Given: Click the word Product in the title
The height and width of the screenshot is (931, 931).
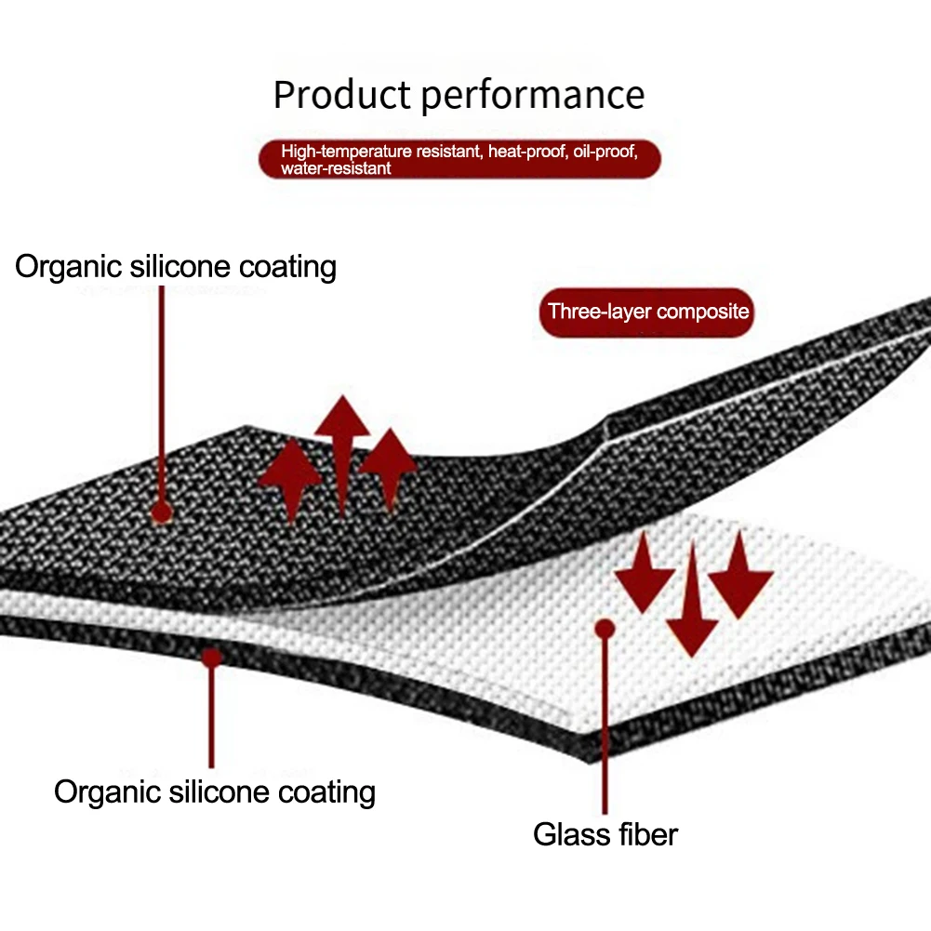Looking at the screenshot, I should pyautogui.click(x=342, y=96).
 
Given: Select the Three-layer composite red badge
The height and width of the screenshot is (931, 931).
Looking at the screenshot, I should pyautogui.click(x=647, y=311).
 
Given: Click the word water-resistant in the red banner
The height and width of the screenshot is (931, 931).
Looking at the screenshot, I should pyautogui.click(x=336, y=168).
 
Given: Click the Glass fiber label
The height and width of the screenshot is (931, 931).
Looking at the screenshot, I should pyautogui.click(x=605, y=833).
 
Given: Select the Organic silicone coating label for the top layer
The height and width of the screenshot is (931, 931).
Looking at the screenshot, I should pyautogui.click(x=176, y=267).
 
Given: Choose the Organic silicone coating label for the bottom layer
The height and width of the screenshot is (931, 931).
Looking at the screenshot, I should pyautogui.click(x=215, y=792).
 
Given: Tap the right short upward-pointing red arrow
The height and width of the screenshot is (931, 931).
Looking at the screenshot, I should pyautogui.click(x=387, y=465).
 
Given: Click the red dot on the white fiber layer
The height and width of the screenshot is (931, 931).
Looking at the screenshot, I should pyautogui.click(x=605, y=629).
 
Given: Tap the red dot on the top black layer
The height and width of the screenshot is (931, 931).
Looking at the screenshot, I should pyautogui.click(x=162, y=512).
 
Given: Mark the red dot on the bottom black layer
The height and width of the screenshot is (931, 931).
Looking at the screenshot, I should pyautogui.click(x=212, y=657).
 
